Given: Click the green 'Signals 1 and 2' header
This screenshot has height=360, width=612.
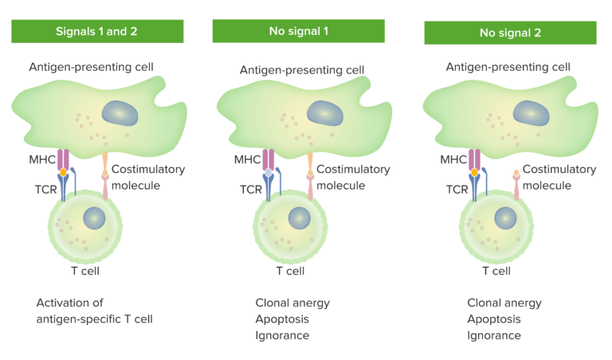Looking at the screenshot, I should point(98,31).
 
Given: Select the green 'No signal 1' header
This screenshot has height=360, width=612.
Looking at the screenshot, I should point(298,31).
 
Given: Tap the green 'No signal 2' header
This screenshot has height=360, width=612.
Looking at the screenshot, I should point(510,33).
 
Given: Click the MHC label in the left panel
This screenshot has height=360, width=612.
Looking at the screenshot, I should point(41,160).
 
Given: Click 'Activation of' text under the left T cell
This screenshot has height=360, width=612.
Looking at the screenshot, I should point(70,303).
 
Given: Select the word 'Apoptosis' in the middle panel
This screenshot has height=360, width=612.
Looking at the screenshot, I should point(282,319).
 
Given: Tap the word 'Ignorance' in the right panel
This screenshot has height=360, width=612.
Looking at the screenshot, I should point(494,335).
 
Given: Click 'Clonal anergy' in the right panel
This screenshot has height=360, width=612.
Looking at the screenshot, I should point(504,303).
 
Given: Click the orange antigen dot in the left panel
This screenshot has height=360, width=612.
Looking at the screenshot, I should point(63,172).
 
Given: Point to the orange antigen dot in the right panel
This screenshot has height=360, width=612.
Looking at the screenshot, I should point(475,172).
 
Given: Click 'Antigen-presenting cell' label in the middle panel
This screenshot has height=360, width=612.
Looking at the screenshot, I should point(302,70).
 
